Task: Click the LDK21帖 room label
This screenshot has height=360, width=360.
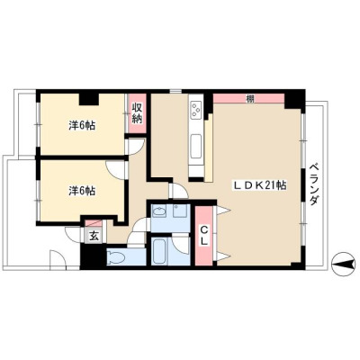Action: click(x=260, y=185)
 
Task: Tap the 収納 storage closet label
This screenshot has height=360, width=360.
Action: click(x=138, y=113)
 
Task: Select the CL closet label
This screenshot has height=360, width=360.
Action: click(x=204, y=236)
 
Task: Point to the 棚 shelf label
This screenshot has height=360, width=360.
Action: click(x=249, y=98)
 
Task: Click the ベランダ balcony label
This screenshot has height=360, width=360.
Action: click(x=314, y=184)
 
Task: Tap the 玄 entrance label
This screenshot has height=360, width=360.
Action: click(x=94, y=237)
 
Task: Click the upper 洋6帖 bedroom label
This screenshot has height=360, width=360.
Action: click(x=82, y=125)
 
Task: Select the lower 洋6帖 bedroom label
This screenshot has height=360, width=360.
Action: click(x=82, y=191)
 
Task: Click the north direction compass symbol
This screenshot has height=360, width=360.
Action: click(x=343, y=265)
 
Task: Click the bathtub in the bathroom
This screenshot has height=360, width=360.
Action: click(x=159, y=251)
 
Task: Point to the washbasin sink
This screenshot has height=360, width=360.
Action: click(x=159, y=211)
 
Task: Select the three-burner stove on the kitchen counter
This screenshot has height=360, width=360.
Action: click(x=196, y=109)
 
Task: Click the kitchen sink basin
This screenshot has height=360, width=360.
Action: click(x=196, y=146)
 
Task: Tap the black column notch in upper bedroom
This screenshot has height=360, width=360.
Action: click(x=89, y=99)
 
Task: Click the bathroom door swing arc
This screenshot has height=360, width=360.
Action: click(x=181, y=246)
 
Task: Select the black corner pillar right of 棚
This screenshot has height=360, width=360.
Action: click(x=294, y=101)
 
